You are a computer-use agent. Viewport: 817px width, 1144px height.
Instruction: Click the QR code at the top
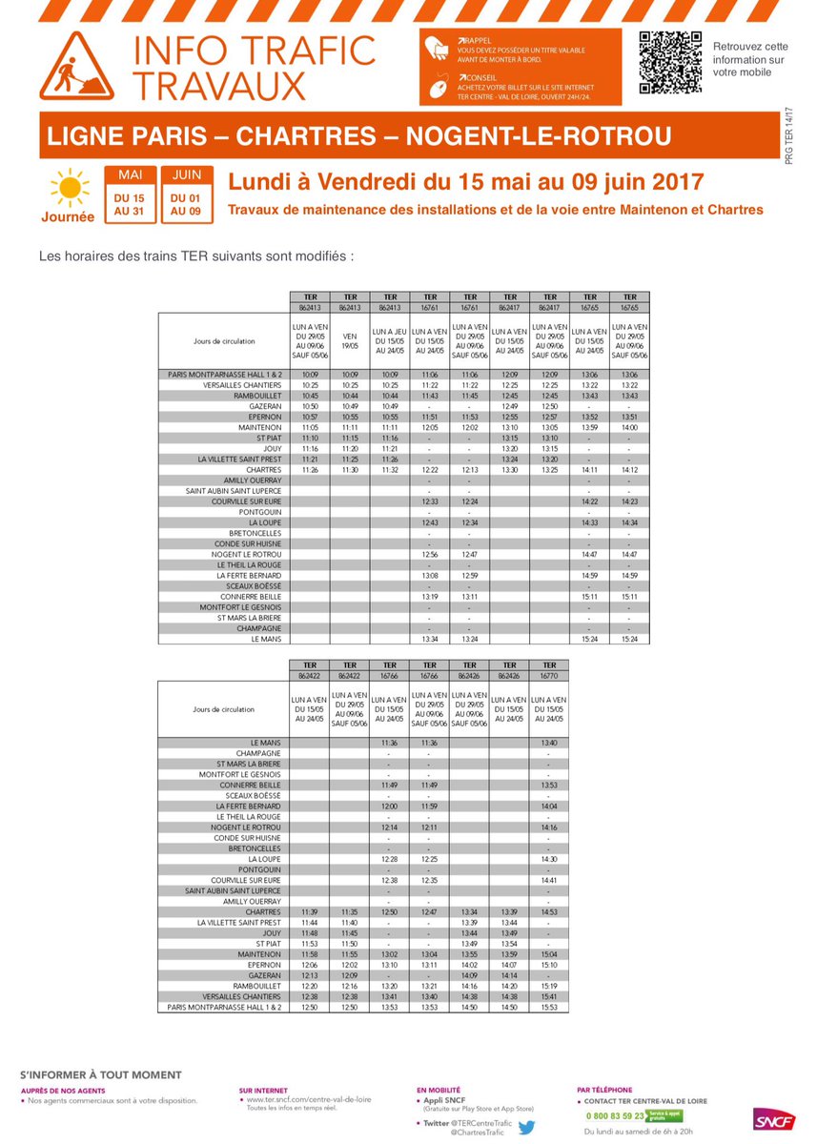click(x=669, y=62)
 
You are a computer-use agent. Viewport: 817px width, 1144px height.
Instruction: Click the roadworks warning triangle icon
click(x=76, y=68)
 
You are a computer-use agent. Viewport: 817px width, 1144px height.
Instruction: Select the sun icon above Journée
click(x=68, y=186)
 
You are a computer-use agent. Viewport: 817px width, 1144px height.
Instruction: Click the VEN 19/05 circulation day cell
click(x=350, y=341)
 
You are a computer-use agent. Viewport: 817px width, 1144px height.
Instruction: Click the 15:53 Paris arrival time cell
click(x=548, y=1006)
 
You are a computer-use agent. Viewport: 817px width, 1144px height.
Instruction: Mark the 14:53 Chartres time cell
click(x=548, y=912)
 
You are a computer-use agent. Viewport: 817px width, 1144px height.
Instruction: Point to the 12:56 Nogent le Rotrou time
click(x=430, y=554)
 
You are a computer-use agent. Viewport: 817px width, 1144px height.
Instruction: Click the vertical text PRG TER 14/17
click(x=788, y=138)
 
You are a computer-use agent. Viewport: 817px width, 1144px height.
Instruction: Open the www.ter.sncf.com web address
click(x=296, y=1099)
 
